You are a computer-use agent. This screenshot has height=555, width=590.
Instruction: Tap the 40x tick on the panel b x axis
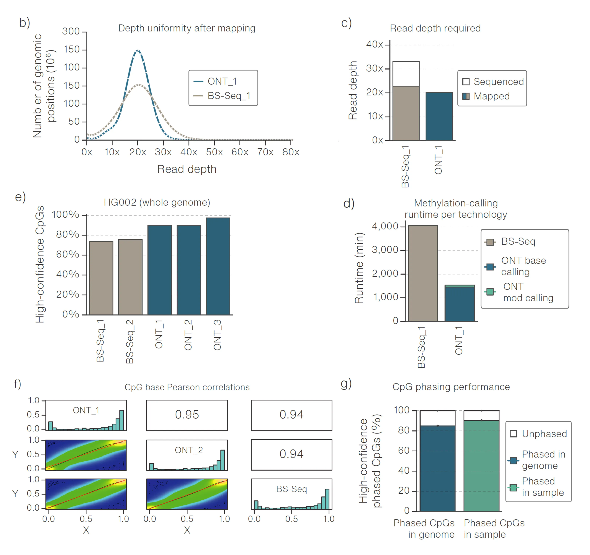(189, 152)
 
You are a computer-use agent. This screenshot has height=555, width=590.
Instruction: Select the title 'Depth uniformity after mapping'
(187, 28)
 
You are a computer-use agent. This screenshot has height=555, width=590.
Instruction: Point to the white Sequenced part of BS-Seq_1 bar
(406, 73)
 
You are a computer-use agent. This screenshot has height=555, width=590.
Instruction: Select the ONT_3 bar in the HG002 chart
(218, 266)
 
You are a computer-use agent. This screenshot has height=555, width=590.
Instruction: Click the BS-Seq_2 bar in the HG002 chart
(130, 277)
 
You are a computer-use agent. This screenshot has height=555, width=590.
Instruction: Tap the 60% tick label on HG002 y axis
(68, 254)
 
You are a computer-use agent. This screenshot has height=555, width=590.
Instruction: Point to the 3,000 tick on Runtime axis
(385, 250)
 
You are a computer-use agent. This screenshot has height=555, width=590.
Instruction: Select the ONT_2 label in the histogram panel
(189, 450)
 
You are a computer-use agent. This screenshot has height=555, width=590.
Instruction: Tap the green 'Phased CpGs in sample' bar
(481, 465)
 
